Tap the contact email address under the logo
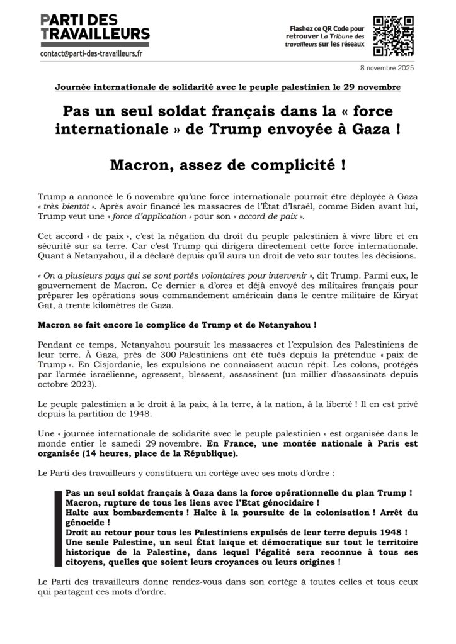tap(91, 54)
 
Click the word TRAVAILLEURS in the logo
tap(94, 33)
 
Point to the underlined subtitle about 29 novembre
tap(227, 85)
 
